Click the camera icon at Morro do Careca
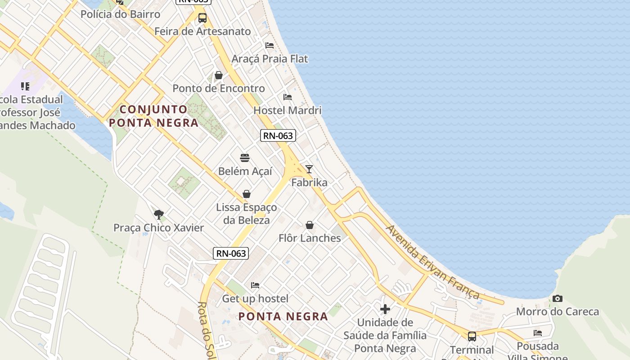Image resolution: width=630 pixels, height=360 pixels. (557, 299)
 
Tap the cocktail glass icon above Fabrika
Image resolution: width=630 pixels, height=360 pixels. (309, 169)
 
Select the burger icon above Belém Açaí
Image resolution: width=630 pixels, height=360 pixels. (245, 158)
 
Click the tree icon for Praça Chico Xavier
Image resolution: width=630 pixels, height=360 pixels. (158, 214)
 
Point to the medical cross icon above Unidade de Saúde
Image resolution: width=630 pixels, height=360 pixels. (385, 309)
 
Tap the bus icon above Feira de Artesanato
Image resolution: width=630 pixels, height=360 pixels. (202, 18)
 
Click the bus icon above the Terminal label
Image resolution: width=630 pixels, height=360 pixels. (472, 336)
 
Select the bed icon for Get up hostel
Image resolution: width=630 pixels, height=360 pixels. (255, 285)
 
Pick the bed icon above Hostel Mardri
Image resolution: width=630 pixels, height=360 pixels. (288, 97)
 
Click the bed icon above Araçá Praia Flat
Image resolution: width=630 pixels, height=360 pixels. (270, 45)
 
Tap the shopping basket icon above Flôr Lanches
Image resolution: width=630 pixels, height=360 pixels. (310, 225)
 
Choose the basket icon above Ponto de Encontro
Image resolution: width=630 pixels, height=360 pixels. (219, 75)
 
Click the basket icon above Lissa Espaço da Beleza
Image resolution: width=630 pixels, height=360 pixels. (246, 194)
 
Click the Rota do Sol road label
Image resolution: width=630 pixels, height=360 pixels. (205, 331)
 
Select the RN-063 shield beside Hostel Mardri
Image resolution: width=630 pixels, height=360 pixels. (278, 135)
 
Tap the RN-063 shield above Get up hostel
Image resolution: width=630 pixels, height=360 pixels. (231, 253)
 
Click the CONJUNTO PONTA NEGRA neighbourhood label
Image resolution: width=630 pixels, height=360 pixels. (153, 116)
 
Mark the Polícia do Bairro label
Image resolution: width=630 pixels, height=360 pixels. (120, 14)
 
